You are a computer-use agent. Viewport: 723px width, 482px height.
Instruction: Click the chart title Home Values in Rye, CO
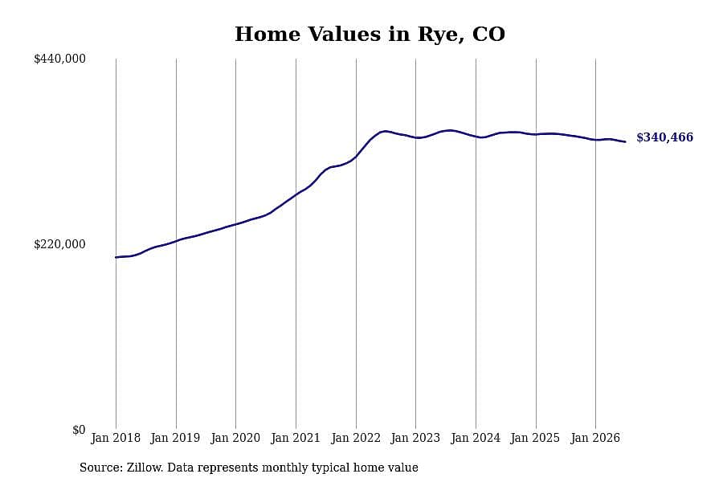pyautogui.click(x=370, y=35)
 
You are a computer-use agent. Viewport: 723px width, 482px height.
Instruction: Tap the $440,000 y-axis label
pyautogui.click(x=59, y=59)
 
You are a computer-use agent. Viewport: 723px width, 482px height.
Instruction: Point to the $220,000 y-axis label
pyautogui.click(x=59, y=244)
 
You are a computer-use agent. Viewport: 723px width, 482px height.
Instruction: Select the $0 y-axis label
pyautogui.click(x=79, y=430)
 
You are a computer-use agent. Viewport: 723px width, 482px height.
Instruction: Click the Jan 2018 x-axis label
pyautogui.click(x=116, y=438)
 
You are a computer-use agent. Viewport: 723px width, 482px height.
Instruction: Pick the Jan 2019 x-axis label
pyautogui.click(x=175, y=438)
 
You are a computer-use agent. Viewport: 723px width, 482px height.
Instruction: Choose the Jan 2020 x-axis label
pyautogui.click(x=235, y=438)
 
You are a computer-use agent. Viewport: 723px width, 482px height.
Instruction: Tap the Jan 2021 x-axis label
pyautogui.click(x=296, y=438)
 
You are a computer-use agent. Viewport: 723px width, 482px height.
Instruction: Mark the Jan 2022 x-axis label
pyautogui.click(x=356, y=438)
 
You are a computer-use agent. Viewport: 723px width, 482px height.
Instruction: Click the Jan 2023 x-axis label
pyautogui.click(x=415, y=438)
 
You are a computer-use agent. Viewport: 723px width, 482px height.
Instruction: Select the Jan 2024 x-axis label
pyautogui.click(x=476, y=438)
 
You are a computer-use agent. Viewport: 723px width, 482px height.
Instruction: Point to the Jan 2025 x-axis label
pyautogui.click(x=535, y=438)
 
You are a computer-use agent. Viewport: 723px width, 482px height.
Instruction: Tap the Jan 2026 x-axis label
pyautogui.click(x=595, y=438)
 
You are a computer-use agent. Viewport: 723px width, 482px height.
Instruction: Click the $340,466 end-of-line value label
pyautogui.click(x=665, y=137)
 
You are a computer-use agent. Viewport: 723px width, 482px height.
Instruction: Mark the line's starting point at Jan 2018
pyautogui.click(x=116, y=257)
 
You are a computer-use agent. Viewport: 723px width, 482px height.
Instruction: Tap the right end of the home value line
pyautogui.click(x=625, y=141)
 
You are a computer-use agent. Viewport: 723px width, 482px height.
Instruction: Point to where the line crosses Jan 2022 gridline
pyautogui.click(x=356, y=157)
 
